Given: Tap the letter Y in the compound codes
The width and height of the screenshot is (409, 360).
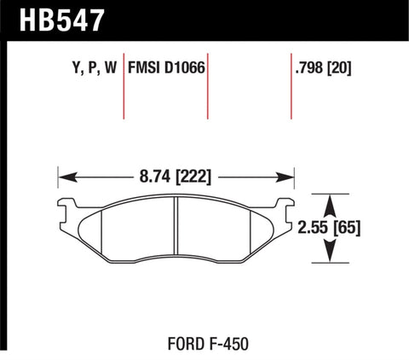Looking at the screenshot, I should pyautogui.click(x=68, y=67).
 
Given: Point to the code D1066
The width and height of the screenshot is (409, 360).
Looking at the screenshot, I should pyautogui.click(x=187, y=67).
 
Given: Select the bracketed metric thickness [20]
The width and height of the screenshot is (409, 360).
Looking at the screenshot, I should pyautogui.click(x=339, y=67).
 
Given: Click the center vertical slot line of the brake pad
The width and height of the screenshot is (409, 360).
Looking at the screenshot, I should pyautogui.click(x=176, y=226).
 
